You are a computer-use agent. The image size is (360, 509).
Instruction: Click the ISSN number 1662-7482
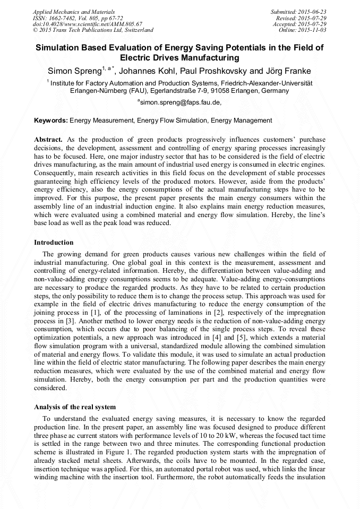[x=67, y=18]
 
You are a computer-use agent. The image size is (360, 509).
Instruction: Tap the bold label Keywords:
[x=51, y=121]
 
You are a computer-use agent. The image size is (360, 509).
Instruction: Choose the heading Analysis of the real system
[x=75, y=407]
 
